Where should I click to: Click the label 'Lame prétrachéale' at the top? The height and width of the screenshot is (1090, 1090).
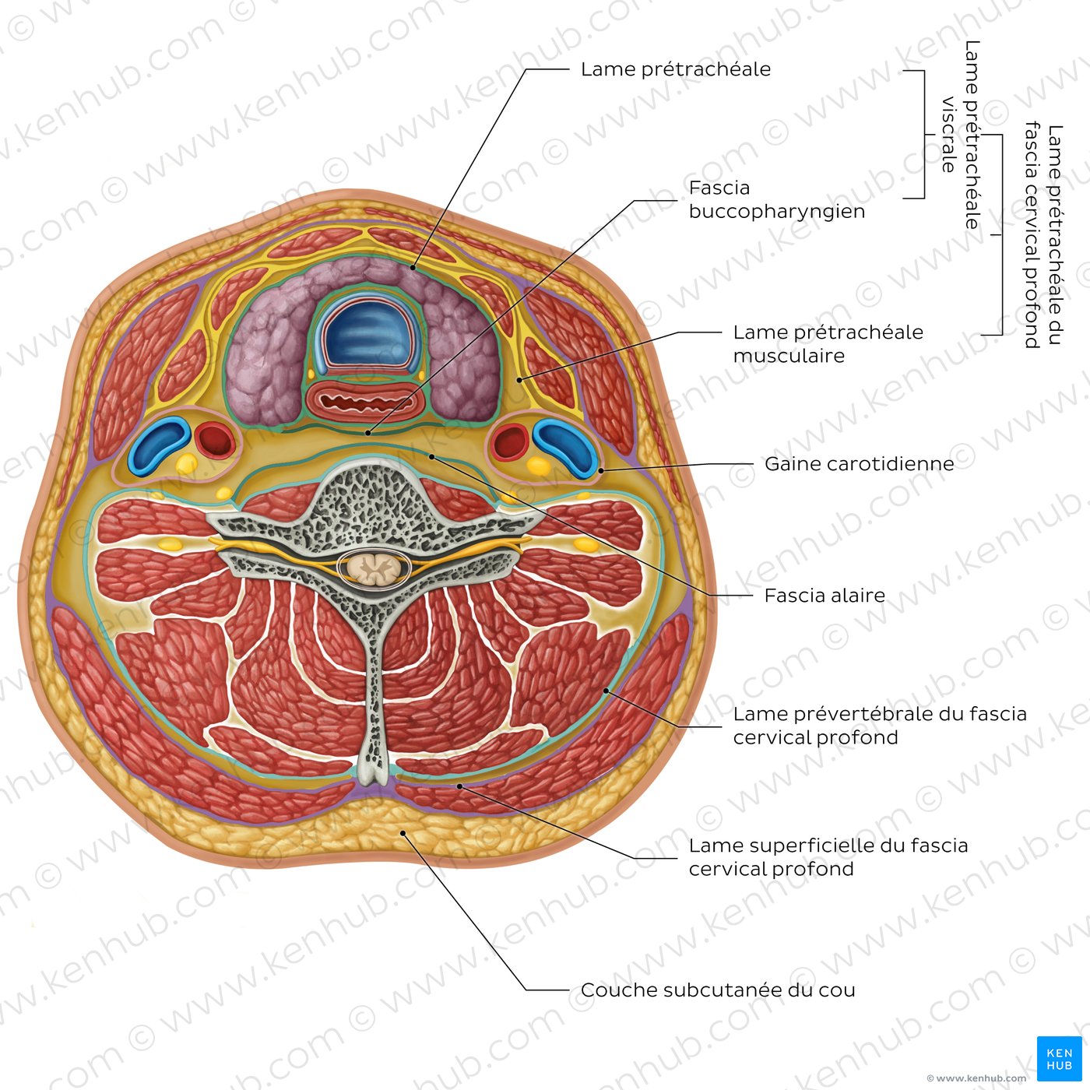[675, 69]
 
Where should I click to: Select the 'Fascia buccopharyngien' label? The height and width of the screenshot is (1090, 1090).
[777, 199]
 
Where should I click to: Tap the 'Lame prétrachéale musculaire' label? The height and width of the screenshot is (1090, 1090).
[828, 343]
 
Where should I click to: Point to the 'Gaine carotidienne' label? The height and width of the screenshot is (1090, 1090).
[859, 464]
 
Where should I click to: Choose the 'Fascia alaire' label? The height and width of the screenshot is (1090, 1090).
[825, 595]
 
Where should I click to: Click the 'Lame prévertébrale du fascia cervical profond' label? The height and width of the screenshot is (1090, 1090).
[880, 725]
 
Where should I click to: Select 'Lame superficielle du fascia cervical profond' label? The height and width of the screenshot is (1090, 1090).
[828, 857]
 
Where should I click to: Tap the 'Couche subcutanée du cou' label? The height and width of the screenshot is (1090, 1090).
[718, 990]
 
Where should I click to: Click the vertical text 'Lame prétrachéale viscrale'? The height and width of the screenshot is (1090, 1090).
[960, 135]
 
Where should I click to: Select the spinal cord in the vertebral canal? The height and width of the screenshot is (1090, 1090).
[373, 568]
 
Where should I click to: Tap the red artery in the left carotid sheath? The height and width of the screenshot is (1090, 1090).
[214, 440]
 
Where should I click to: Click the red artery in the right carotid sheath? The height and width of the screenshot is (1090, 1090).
[510, 441]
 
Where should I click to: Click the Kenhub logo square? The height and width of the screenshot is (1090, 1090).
[1059, 1059]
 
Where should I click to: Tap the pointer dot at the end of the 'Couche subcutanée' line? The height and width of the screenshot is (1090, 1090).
[403, 833]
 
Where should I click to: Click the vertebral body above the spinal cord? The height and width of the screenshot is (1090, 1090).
[370, 498]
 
